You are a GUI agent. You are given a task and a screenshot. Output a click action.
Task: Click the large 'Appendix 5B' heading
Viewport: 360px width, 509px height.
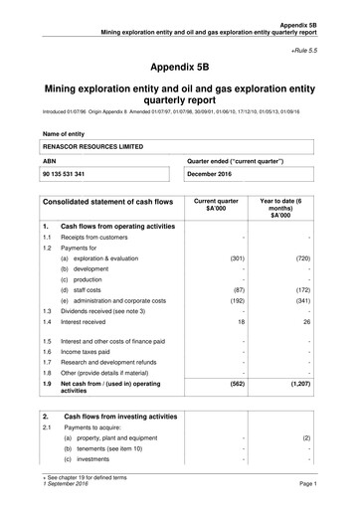point(180,68)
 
